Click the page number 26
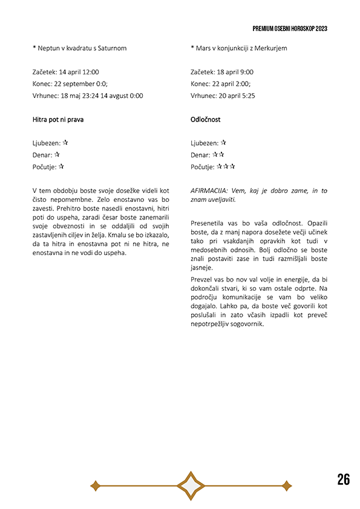[x=343, y=480]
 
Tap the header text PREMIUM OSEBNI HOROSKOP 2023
[x=290, y=28]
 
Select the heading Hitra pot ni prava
[x=58, y=120]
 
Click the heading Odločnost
[x=205, y=120]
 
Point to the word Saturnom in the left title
[x=113, y=48]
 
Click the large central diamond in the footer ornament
[x=191, y=485]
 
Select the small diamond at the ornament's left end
[x=94, y=485]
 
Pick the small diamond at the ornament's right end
[x=287, y=485]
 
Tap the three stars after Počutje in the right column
[x=226, y=167]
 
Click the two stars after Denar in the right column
[x=218, y=155]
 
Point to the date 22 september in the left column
[x=77, y=84]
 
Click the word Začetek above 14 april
[x=45, y=72]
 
